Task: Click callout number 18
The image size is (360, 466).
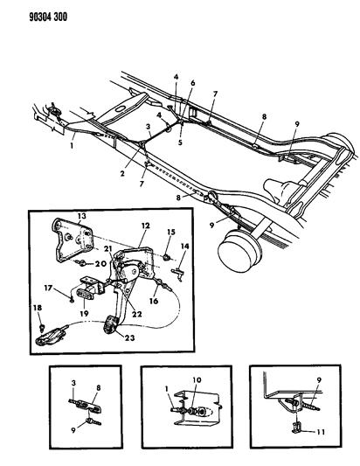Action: click(x=37, y=309)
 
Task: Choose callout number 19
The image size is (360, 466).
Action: click(x=86, y=310)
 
